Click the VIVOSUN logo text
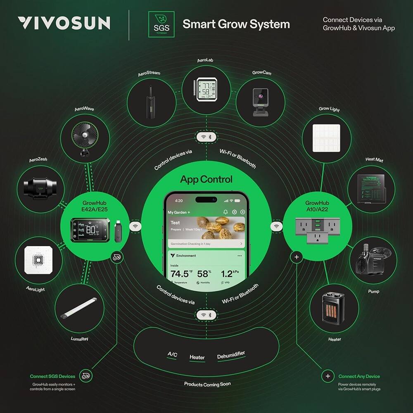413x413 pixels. [64, 23]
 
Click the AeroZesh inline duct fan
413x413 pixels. [40, 189]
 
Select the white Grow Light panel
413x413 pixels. [327, 137]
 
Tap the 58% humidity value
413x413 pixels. [204, 273]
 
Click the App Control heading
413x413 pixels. [206, 180]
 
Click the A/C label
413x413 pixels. [172, 354]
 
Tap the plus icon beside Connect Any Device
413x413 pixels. [328, 376]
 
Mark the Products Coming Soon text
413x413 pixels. [207, 384]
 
